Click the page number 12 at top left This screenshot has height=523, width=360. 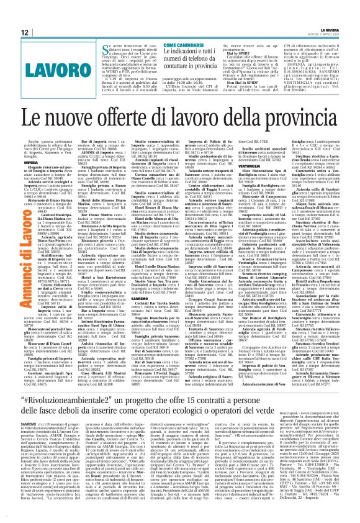coord(24,32)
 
